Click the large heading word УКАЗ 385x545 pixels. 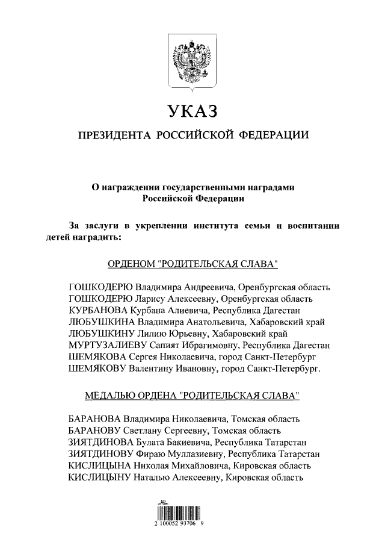coord(192,111)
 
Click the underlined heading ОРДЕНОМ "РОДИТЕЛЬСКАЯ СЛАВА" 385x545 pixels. coord(192,264)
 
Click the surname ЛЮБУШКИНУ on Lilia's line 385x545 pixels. coord(101,334)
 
